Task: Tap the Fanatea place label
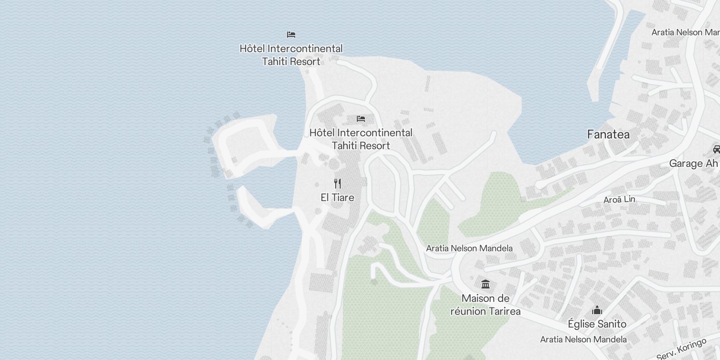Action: tap(608, 135)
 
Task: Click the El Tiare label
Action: tap(337, 198)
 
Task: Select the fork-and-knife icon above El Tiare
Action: tap(337, 184)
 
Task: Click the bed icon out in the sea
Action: tap(291, 35)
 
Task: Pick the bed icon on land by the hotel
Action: tap(360, 119)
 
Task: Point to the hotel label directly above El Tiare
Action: tap(360, 139)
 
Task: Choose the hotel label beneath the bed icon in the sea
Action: tap(291, 55)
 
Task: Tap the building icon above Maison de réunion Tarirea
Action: tap(486, 284)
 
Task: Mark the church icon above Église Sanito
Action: tap(597, 310)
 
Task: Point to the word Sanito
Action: tap(612, 324)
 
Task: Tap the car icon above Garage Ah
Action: tap(716, 149)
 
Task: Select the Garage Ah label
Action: tap(693, 163)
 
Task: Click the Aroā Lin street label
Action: tap(619, 199)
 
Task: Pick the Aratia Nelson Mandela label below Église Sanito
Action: tap(583, 339)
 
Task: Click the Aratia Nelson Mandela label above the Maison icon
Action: tap(469, 248)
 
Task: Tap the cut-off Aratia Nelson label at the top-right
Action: tap(685, 32)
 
